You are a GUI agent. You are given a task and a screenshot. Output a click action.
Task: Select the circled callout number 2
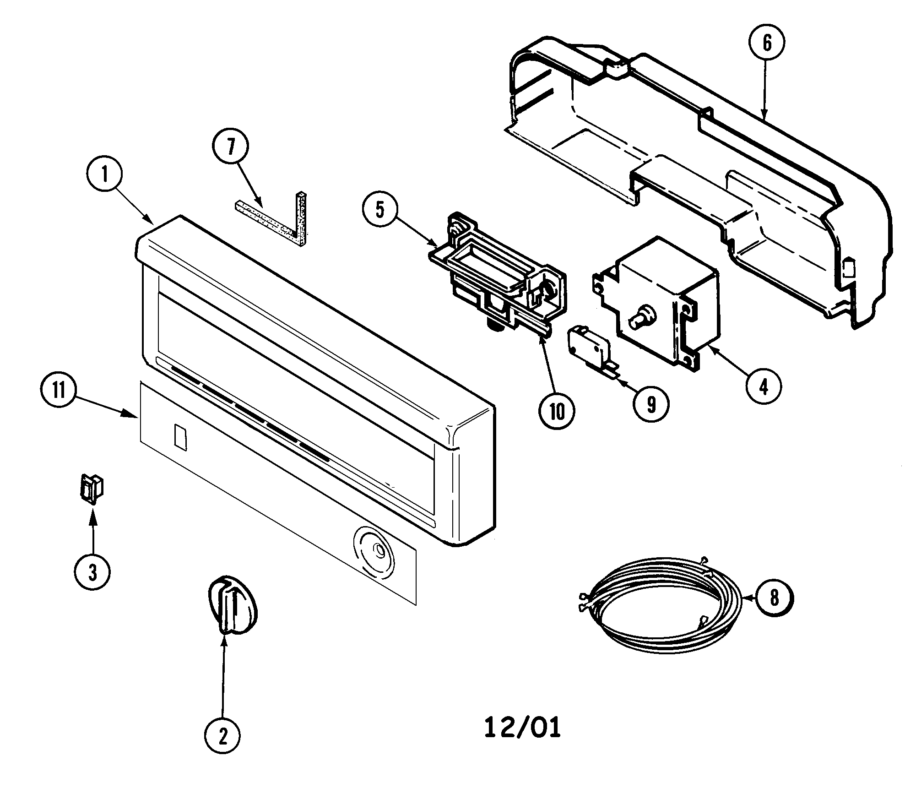click(x=222, y=735)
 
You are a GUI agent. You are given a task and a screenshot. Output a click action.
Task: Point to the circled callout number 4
click(x=764, y=387)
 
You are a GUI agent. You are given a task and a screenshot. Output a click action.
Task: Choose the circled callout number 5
click(x=380, y=209)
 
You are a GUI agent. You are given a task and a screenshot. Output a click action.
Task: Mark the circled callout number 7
click(x=231, y=147)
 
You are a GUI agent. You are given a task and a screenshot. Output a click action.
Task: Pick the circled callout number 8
click(x=774, y=598)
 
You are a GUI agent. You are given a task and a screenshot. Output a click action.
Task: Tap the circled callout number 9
click(x=651, y=404)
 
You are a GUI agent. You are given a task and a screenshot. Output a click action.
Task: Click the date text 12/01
click(x=522, y=728)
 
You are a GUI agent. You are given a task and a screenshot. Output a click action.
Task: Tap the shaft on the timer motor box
click(x=639, y=318)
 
